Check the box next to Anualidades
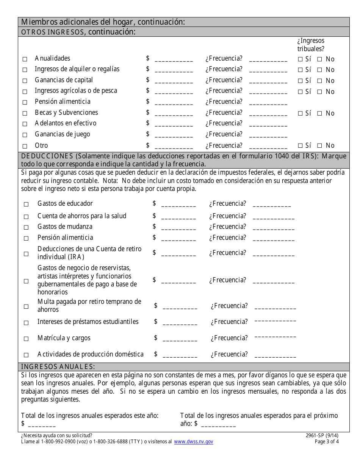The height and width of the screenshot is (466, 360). tap(25, 59)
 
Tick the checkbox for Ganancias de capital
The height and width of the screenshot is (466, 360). tap(25, 81)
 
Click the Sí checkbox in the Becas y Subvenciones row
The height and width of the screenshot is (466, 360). tap(300, 113)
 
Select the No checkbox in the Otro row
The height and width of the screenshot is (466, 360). tap(319, 146)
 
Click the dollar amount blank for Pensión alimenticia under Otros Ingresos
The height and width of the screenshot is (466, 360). tap(174, 102)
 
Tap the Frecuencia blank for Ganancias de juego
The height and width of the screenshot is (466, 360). tap(268, 135)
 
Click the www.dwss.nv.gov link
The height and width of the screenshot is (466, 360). tap(194, 442)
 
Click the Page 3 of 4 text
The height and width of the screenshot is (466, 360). tap(327, 442)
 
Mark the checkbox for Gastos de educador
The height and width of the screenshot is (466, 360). tap(26, 204)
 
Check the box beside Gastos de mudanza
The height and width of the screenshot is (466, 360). tap(26, 227)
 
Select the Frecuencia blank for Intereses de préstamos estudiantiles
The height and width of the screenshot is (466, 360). tap(275, 322)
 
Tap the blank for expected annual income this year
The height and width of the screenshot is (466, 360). tap(42, 424)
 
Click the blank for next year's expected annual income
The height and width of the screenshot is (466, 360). tap(218, 424)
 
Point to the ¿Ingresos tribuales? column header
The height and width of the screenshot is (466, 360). tap(311, 45)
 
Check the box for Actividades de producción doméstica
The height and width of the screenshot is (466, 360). tap(26, 355)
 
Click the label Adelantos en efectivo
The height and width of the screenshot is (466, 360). tap(66, 123)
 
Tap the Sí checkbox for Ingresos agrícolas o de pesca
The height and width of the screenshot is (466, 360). tap(300, 92)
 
